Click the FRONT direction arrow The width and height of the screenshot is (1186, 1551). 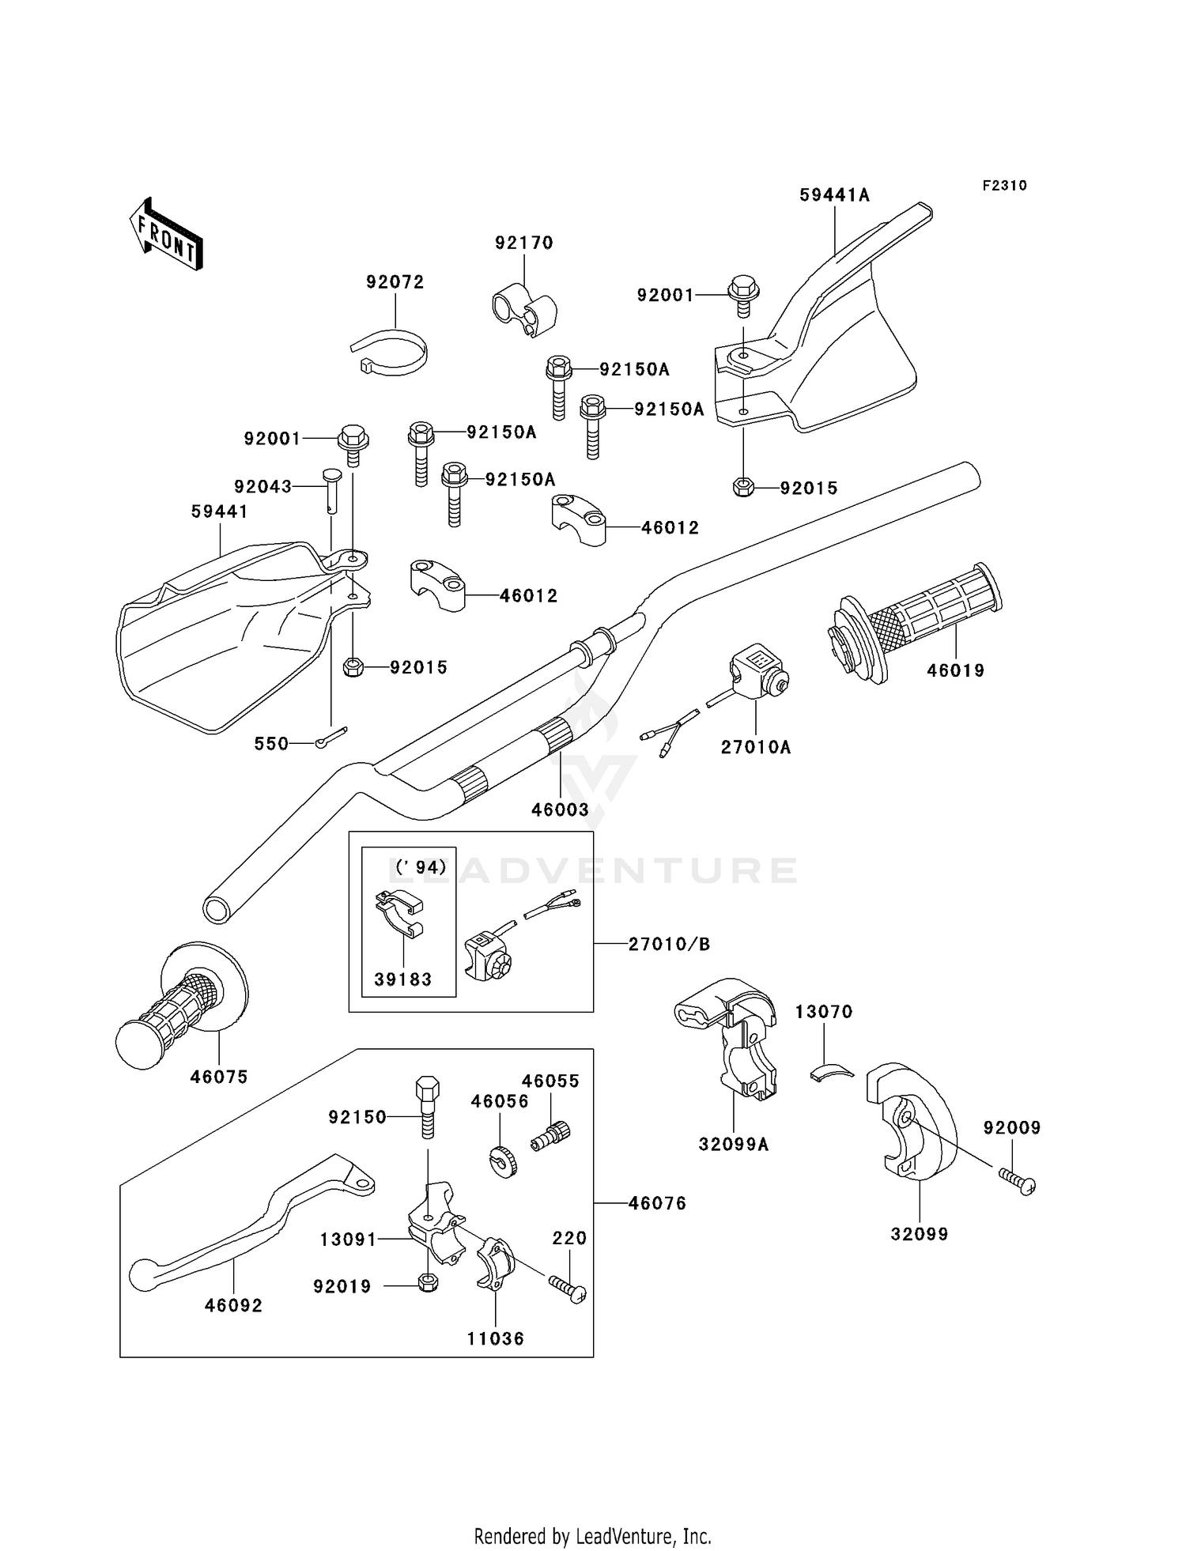[x=167, y=236]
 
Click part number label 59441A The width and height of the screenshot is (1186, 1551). [x=834, y=195]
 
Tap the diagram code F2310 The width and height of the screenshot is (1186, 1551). [x=1004, y=186]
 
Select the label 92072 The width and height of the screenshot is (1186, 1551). [x=395, y=282]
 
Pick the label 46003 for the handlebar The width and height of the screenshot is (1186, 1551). [x=560, y=809]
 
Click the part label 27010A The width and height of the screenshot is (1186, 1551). [x=755, y=747]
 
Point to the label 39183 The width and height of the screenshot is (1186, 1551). [x=403, y=979]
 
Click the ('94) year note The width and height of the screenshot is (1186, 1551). [x=421, y=866]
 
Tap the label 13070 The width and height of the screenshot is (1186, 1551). [x=824, y=1012]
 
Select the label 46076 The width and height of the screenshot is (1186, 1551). [x=657, y=1203]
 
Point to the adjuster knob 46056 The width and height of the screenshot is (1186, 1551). [x=501, y=1160]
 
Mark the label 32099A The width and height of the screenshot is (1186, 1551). [x=733, y=1144]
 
